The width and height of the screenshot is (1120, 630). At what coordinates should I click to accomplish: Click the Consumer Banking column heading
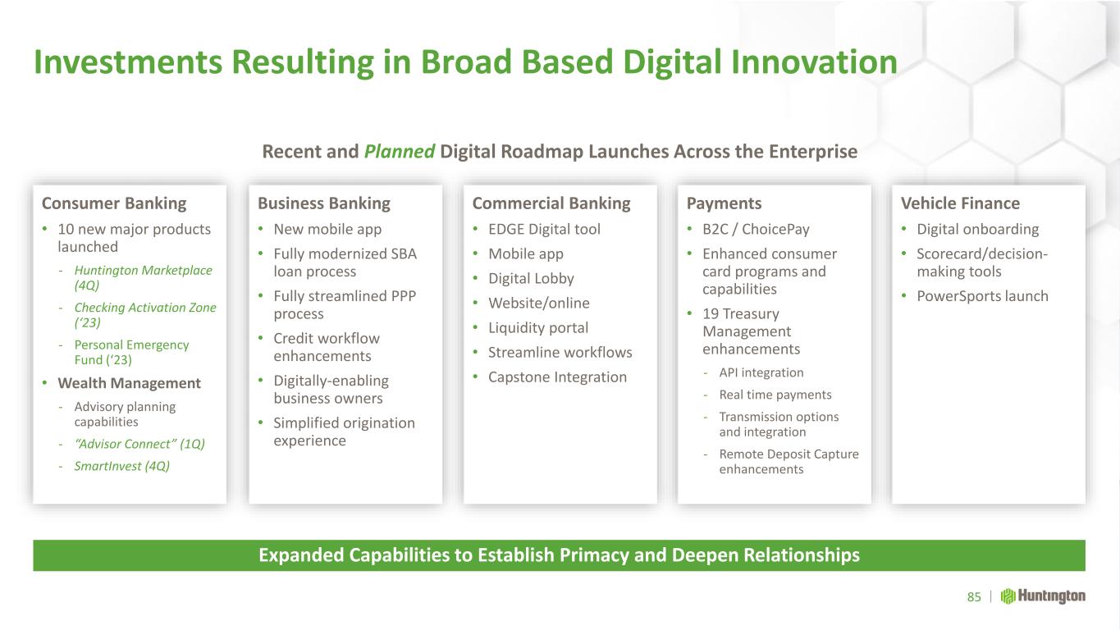(114, 203)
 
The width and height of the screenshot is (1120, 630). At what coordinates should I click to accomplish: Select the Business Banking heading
(324, 203)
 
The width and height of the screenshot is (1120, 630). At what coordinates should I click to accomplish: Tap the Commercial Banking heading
(551, 203)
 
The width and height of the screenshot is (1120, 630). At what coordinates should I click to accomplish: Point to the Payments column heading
(724, 203)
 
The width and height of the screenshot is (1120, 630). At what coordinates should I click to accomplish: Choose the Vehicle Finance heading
(960, 203)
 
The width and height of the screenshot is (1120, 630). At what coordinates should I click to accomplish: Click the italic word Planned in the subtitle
(400, 152)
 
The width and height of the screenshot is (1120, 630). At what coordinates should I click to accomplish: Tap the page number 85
(974, 597)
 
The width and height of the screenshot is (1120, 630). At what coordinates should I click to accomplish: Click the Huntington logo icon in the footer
(1008, 596)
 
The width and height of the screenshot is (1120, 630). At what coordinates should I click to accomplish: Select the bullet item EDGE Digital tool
(544, 229)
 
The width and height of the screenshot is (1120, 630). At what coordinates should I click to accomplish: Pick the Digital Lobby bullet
(531, 279)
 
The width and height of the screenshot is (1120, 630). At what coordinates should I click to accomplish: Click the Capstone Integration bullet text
(557, 377)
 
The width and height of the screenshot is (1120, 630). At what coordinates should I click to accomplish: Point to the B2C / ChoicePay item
(756, 229)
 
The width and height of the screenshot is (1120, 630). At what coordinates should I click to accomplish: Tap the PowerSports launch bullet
(982, 296)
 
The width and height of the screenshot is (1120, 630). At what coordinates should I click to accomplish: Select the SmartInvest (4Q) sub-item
(122, 466)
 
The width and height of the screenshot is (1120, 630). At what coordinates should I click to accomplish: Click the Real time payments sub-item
(775, 395)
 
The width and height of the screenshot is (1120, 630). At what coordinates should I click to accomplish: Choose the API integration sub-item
(761, 372)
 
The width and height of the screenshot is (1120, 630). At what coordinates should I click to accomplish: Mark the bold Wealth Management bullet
(129, 383)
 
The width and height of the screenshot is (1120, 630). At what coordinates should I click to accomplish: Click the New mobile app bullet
(327, 229)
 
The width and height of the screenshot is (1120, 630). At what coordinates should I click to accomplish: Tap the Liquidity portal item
(538, 327)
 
